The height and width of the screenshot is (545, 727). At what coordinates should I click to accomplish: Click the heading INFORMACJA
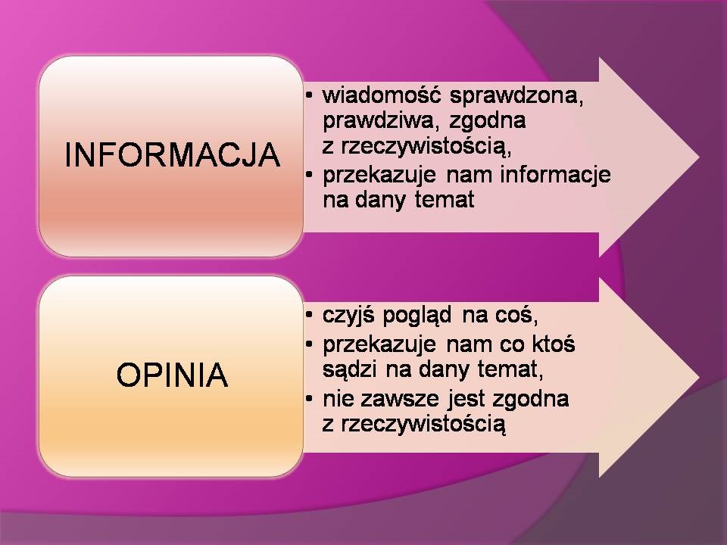coord(172,155)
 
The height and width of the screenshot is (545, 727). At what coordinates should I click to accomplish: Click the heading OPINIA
coord(172,375)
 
